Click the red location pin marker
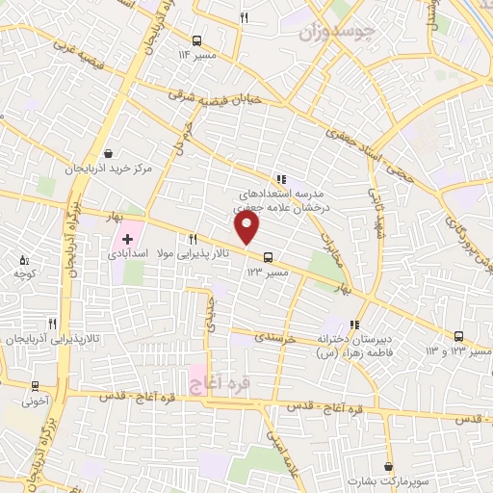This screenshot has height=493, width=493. click(247, 228)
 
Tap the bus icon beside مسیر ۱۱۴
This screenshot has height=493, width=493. click(197, 40)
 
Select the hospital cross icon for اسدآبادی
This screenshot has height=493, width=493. click(127, 237)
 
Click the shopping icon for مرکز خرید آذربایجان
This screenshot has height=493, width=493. click(108, 152)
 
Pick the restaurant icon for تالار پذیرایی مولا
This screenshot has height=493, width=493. click(194, 238)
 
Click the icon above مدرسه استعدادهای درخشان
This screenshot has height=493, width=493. click(280, 178)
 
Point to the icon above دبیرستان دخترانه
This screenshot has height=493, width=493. click(355, 324)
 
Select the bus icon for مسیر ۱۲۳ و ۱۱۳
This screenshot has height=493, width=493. click(458, 336)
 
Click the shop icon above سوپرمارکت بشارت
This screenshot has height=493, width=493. click(387, 465)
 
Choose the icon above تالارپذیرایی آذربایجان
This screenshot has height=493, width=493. click(51, 324)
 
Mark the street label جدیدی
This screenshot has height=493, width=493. click(209, 313)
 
